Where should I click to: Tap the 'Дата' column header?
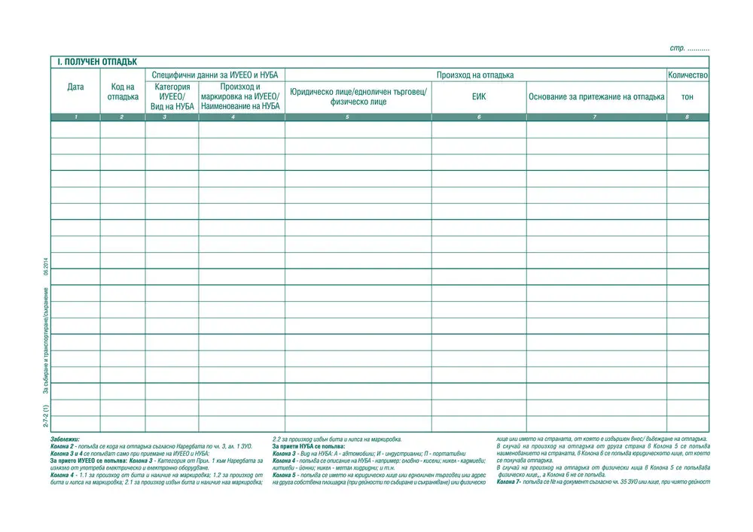[x=75, y=87]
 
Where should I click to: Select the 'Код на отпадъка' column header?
[x=123, y=92]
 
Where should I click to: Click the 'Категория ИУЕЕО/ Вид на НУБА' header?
[x=172, y=96]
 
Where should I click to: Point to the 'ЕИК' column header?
[x=479, y=96]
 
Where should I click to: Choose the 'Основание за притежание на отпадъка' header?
[x=596, y=96]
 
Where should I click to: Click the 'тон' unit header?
[x=687, y=96]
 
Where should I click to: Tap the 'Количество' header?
[x=687, y=75]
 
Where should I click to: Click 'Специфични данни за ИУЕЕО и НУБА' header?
[x=215, y=75]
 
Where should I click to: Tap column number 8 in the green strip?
[x=687, y=117]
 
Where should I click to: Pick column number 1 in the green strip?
[x=75, y=117]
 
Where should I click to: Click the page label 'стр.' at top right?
[x=677, y=48]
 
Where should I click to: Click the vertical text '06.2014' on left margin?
[x=47, y=268]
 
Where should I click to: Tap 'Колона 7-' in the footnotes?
[x=510, y=482]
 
